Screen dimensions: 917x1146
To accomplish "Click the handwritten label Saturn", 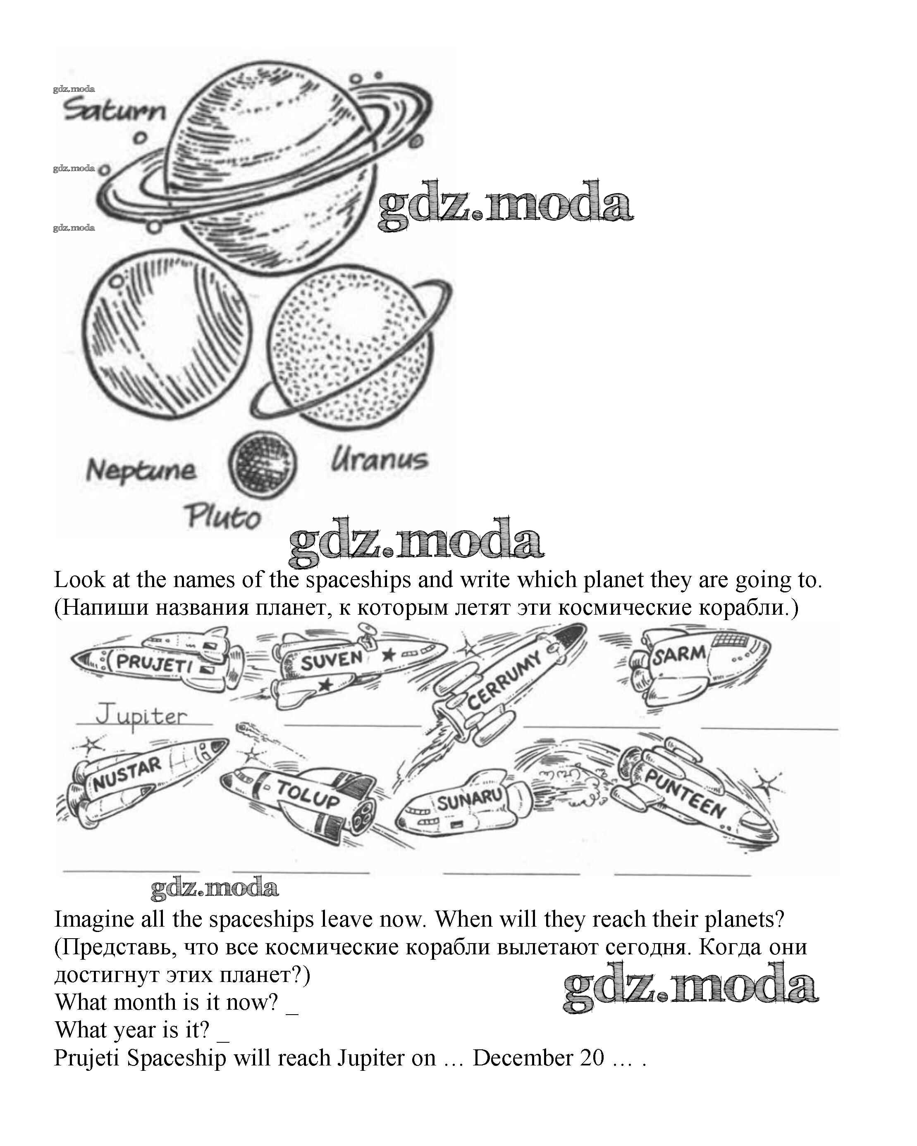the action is tap(115, 111).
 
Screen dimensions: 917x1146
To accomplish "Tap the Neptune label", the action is tap(141, 470).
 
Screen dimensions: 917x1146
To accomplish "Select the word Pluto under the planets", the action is tap(223, 516).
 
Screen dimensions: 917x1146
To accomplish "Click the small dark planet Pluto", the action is tap(263, 464).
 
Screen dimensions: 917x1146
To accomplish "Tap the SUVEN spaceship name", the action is tap(332, 660).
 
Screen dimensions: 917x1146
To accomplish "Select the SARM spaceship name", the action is tap(679, 654).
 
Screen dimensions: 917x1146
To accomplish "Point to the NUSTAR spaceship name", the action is tap(127, 774).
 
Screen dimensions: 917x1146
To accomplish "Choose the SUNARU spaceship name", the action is tap(470, 799).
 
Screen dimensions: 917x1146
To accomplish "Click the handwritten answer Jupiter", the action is tap(141, 716).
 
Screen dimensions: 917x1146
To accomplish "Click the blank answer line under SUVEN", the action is tap(353, 725).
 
